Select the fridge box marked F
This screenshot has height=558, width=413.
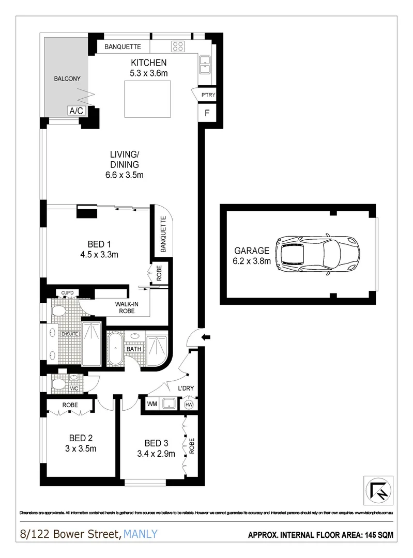pos(207,114)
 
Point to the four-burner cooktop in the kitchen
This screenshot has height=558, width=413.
pos(179,46)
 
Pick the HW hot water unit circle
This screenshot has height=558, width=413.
pos(189,404)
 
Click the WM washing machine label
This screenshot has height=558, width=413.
pos(152,404)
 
